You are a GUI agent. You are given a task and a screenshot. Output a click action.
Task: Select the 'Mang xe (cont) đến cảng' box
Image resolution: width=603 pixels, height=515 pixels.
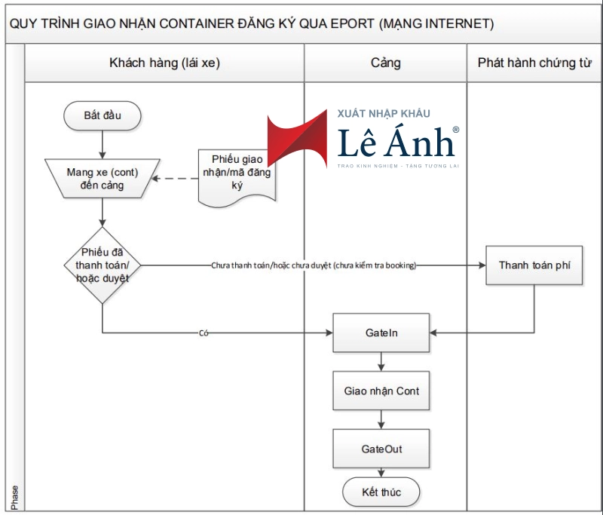click(102, 179)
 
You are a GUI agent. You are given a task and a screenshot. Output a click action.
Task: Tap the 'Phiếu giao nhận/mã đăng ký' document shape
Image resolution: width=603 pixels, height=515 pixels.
click(237, 174)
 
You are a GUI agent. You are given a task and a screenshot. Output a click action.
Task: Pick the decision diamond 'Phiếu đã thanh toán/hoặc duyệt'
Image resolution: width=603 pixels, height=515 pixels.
click(102, 265)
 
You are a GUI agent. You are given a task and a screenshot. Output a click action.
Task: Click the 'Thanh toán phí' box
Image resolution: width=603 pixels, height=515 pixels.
click(534, 265)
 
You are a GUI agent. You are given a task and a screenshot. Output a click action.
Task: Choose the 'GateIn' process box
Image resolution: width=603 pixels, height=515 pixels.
click(381, 333)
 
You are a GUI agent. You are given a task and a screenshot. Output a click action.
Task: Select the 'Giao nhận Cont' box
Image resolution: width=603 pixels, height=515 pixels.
click(381, 391)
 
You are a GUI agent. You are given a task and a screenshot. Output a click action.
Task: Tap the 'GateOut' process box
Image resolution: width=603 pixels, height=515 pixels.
click(381, 449)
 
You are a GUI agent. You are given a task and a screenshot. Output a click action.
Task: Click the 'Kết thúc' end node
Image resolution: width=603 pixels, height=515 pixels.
click(381, 492)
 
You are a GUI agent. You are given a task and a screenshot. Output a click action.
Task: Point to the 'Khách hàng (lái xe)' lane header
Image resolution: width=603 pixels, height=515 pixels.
click(164, 63)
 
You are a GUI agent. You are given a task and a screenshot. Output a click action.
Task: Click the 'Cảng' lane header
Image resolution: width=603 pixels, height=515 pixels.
click(385, 63)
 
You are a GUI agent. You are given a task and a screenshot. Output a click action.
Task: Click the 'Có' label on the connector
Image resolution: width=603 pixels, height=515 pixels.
click(204, 333)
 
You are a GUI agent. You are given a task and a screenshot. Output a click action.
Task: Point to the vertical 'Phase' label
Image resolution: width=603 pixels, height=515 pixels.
click(15, 496)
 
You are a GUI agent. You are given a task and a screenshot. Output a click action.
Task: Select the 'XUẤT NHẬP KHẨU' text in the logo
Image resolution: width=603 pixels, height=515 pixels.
click(384, 114)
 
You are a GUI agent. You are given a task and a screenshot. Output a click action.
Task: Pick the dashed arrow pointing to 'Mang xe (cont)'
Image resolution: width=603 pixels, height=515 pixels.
click(178, 179)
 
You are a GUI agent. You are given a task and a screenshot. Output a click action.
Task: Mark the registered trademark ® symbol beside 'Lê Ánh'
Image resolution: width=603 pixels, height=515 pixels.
click(455, 130)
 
